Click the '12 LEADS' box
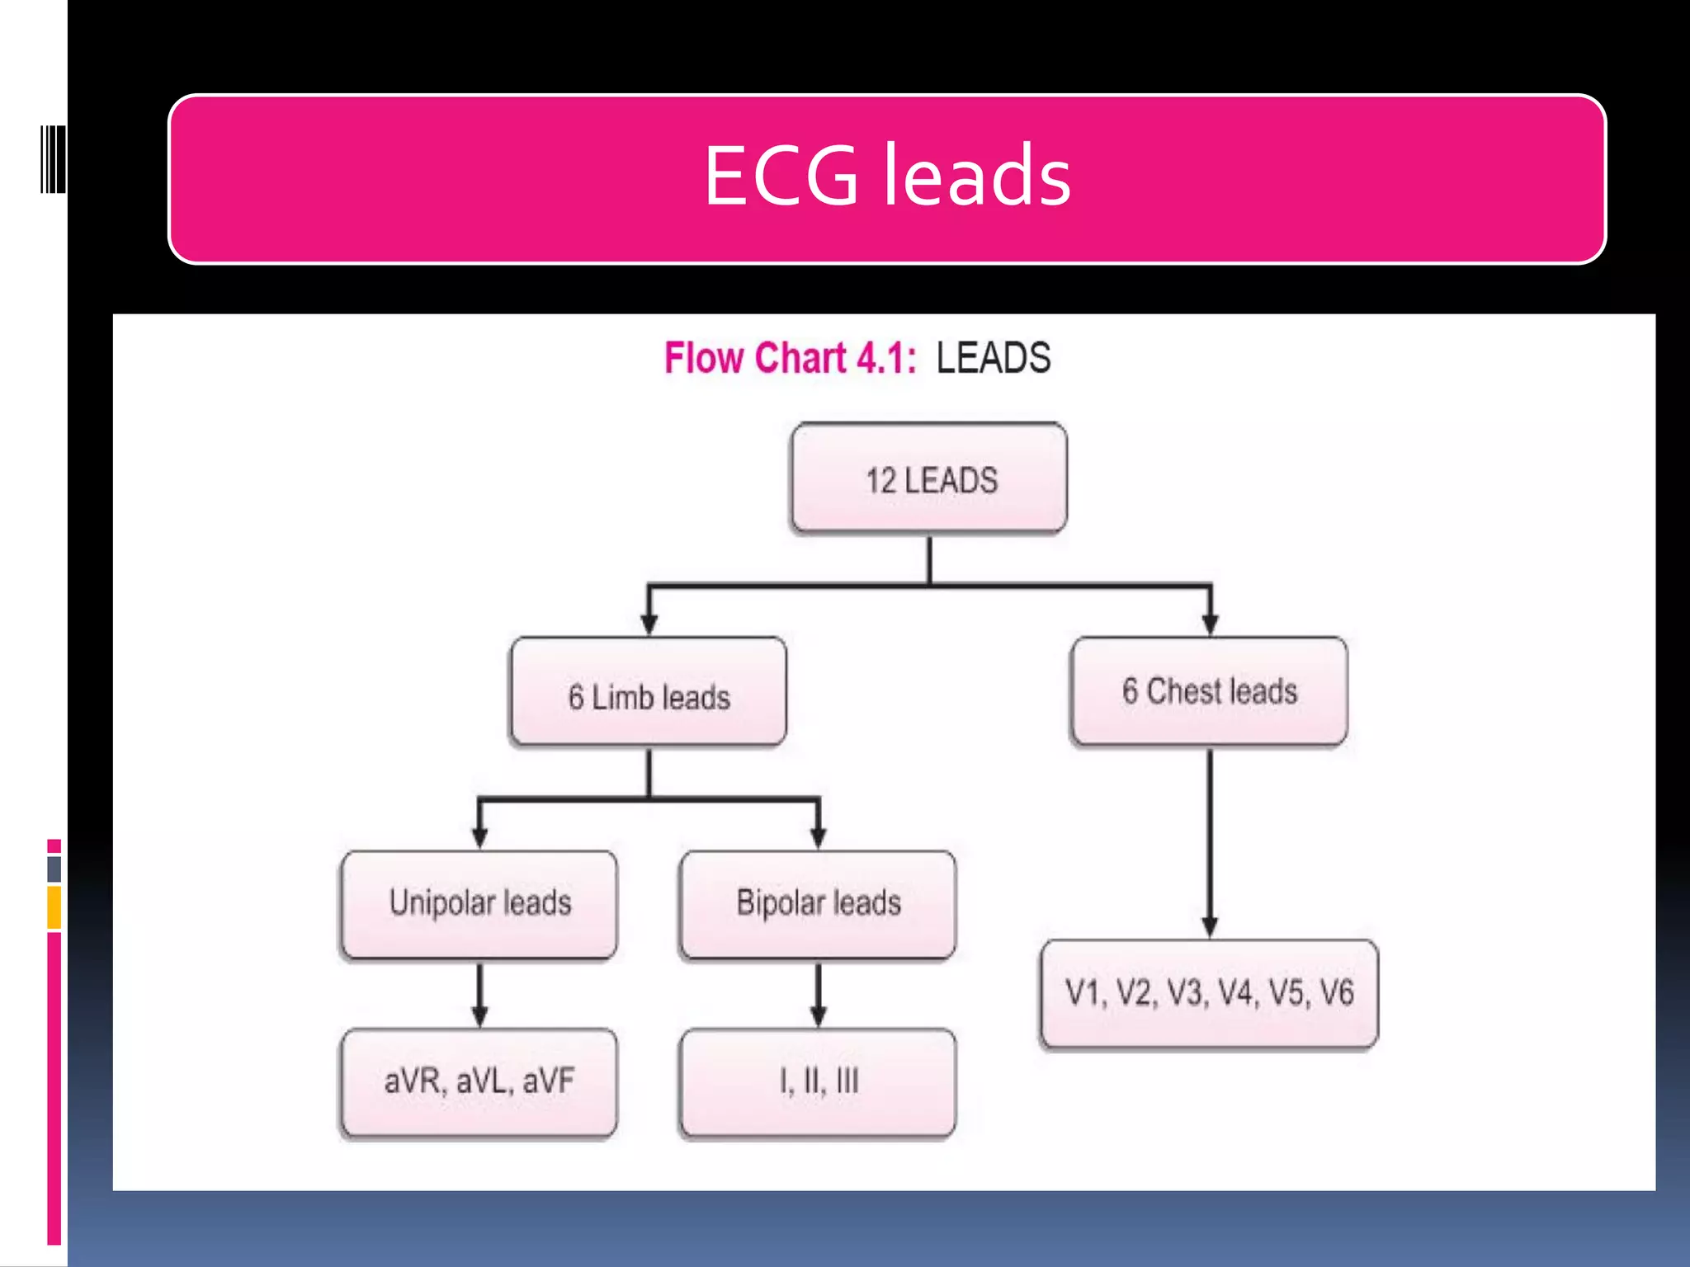[x=929, y=478]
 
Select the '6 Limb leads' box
[x=649, y=693]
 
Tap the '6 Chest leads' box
[x=1209, y=691]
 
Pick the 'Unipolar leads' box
[x=479, y=904]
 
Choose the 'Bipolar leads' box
[x=818, y=904]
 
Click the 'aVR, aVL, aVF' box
[x=479, y=1082]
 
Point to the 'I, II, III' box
[x=818, y=1082]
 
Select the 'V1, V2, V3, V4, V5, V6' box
[x=1209, y=993]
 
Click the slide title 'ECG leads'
[x=887, y=177]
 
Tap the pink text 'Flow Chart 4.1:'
[x=790, y=359]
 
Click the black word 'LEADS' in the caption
[x=993, y=359]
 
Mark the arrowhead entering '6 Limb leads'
[x=649, y=624]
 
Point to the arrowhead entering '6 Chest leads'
[x=1210, y=624]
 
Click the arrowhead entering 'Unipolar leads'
[x=479, y=837]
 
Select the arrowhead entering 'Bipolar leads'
[x=818, y=837]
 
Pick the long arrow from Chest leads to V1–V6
[x=1210, y=841]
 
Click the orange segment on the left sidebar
[x=54, y=907]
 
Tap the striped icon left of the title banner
[x=53, y=160]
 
